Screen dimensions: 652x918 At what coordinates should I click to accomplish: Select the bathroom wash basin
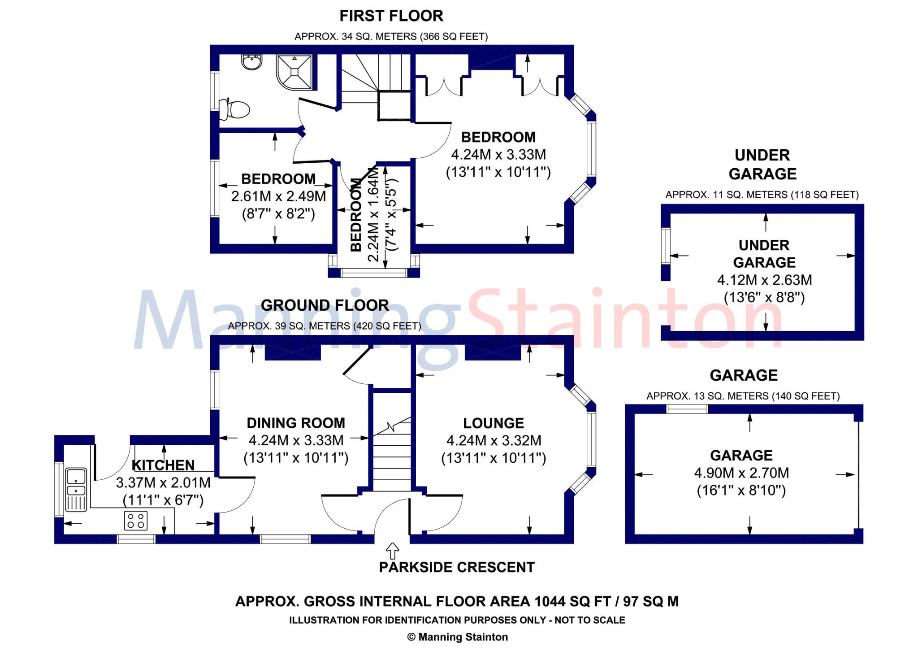click(x=251, y=62)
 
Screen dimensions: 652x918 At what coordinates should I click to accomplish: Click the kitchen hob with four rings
click(x=135, y=521)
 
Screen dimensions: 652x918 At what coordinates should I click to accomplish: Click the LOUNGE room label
click(x=493, y=423)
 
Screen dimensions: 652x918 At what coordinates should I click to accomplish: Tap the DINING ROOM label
click(x=296, y=423)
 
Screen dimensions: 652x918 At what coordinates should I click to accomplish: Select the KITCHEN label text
click(x=163, y=465)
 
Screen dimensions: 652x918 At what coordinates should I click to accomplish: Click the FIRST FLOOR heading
click(x=391, y=16)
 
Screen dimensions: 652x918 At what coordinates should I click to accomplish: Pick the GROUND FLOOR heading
click(x=325, y=305)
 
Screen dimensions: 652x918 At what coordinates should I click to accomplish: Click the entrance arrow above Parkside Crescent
click(x=393, y=550)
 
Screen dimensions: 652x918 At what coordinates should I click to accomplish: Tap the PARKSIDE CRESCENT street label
click(x=456, y=567)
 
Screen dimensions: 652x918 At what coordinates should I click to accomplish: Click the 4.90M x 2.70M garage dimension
click(x=741, y=473)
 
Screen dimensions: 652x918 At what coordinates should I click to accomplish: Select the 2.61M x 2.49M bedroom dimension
click(x=278, y=196)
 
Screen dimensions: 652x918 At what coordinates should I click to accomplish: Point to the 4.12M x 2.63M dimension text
click(x=764, y=280)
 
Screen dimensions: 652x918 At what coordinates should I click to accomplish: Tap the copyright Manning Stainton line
click(x=457, y=637)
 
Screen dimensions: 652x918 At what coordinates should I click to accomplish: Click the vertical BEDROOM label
click(x=356, y=215)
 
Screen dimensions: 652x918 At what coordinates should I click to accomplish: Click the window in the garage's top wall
click(x=687, y=409)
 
